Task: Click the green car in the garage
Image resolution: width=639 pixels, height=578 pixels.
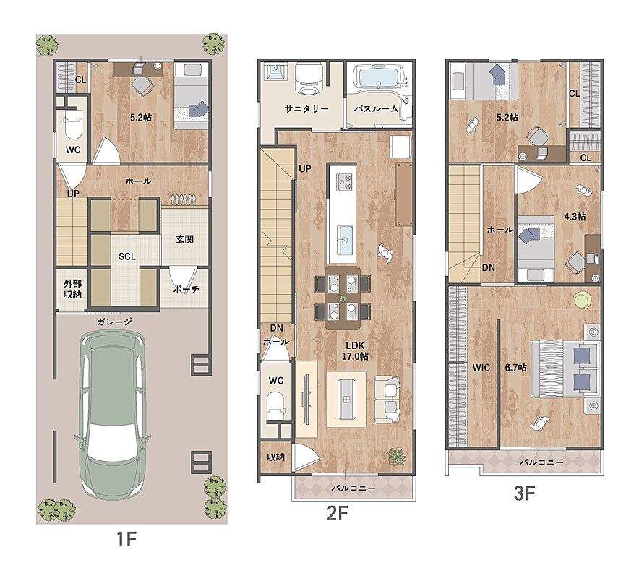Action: click(x=112, y=414)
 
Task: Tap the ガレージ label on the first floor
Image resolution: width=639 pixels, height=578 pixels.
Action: click(x=114, y=322)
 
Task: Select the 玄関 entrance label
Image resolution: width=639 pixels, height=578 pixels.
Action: click(x=184, y=239)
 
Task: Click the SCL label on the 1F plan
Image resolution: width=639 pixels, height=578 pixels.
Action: click(x=127, y=256)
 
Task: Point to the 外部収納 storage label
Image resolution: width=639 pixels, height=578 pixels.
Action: click(x=72, y=289)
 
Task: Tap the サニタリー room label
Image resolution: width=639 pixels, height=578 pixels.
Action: click(x=306, y=109)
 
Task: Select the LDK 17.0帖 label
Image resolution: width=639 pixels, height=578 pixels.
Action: click(x=355, y=351)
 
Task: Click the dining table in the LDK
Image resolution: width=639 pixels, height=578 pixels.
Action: click(x=343, y=298)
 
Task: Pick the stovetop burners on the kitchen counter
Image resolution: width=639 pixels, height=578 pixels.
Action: click(x=343, y=181)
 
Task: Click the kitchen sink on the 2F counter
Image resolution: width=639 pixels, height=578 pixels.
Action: click(x=343, y=239)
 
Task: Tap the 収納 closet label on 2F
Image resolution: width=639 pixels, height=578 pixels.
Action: click(x=275, y=457)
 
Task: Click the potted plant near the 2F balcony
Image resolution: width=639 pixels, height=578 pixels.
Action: click(x=397, y=456)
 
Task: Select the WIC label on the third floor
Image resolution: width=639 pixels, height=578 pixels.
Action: click(x=481, y=368)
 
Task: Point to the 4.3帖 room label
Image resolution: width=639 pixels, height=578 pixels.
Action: click(x=575, y=217)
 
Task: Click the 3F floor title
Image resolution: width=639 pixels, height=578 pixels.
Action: click(x=525, y=493)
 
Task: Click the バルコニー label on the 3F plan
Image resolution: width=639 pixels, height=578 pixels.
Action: click(x=541, y=462)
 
